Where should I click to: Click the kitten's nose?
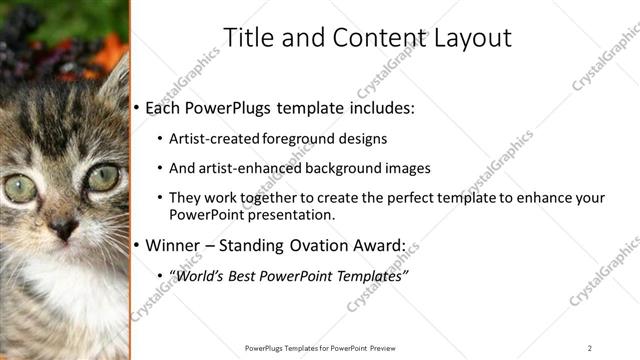coord(64,229)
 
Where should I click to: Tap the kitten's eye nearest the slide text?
coord(102,178)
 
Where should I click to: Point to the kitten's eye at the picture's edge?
coord(19,187)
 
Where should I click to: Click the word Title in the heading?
coord(247,38)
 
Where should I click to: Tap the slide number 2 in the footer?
coord(590,348)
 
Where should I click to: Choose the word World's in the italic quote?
coord(199,275)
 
